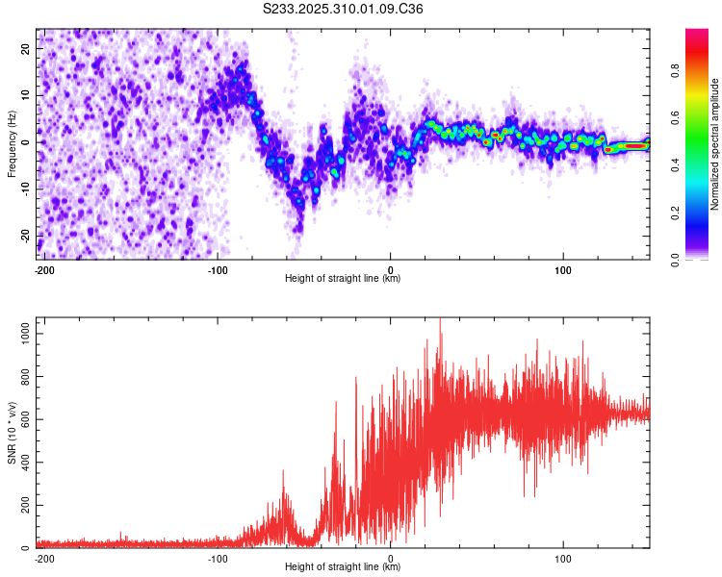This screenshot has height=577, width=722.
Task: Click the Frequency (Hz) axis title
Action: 13,144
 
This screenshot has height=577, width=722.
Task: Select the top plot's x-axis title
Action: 343,279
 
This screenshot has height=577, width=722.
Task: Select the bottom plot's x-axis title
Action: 343,567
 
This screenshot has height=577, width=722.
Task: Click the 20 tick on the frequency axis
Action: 26,48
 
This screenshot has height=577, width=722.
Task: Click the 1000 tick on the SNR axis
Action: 20,333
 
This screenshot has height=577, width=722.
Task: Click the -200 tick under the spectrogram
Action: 43,268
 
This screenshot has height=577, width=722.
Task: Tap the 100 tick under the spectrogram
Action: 563,268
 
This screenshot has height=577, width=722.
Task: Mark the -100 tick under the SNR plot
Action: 218,558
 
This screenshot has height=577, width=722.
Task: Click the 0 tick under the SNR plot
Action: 391,558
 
